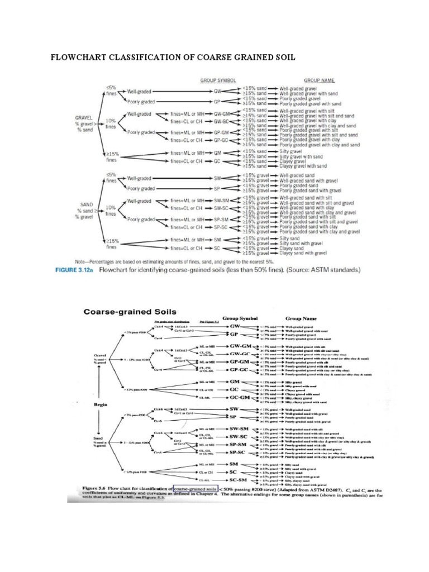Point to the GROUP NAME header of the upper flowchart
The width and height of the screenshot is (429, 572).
point(320,80)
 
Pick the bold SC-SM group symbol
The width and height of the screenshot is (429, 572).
point(238,480)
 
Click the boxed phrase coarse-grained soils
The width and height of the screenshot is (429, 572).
point(195,488)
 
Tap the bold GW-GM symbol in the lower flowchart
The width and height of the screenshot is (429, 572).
point(239,347)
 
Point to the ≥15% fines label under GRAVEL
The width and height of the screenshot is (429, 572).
point(113,156)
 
